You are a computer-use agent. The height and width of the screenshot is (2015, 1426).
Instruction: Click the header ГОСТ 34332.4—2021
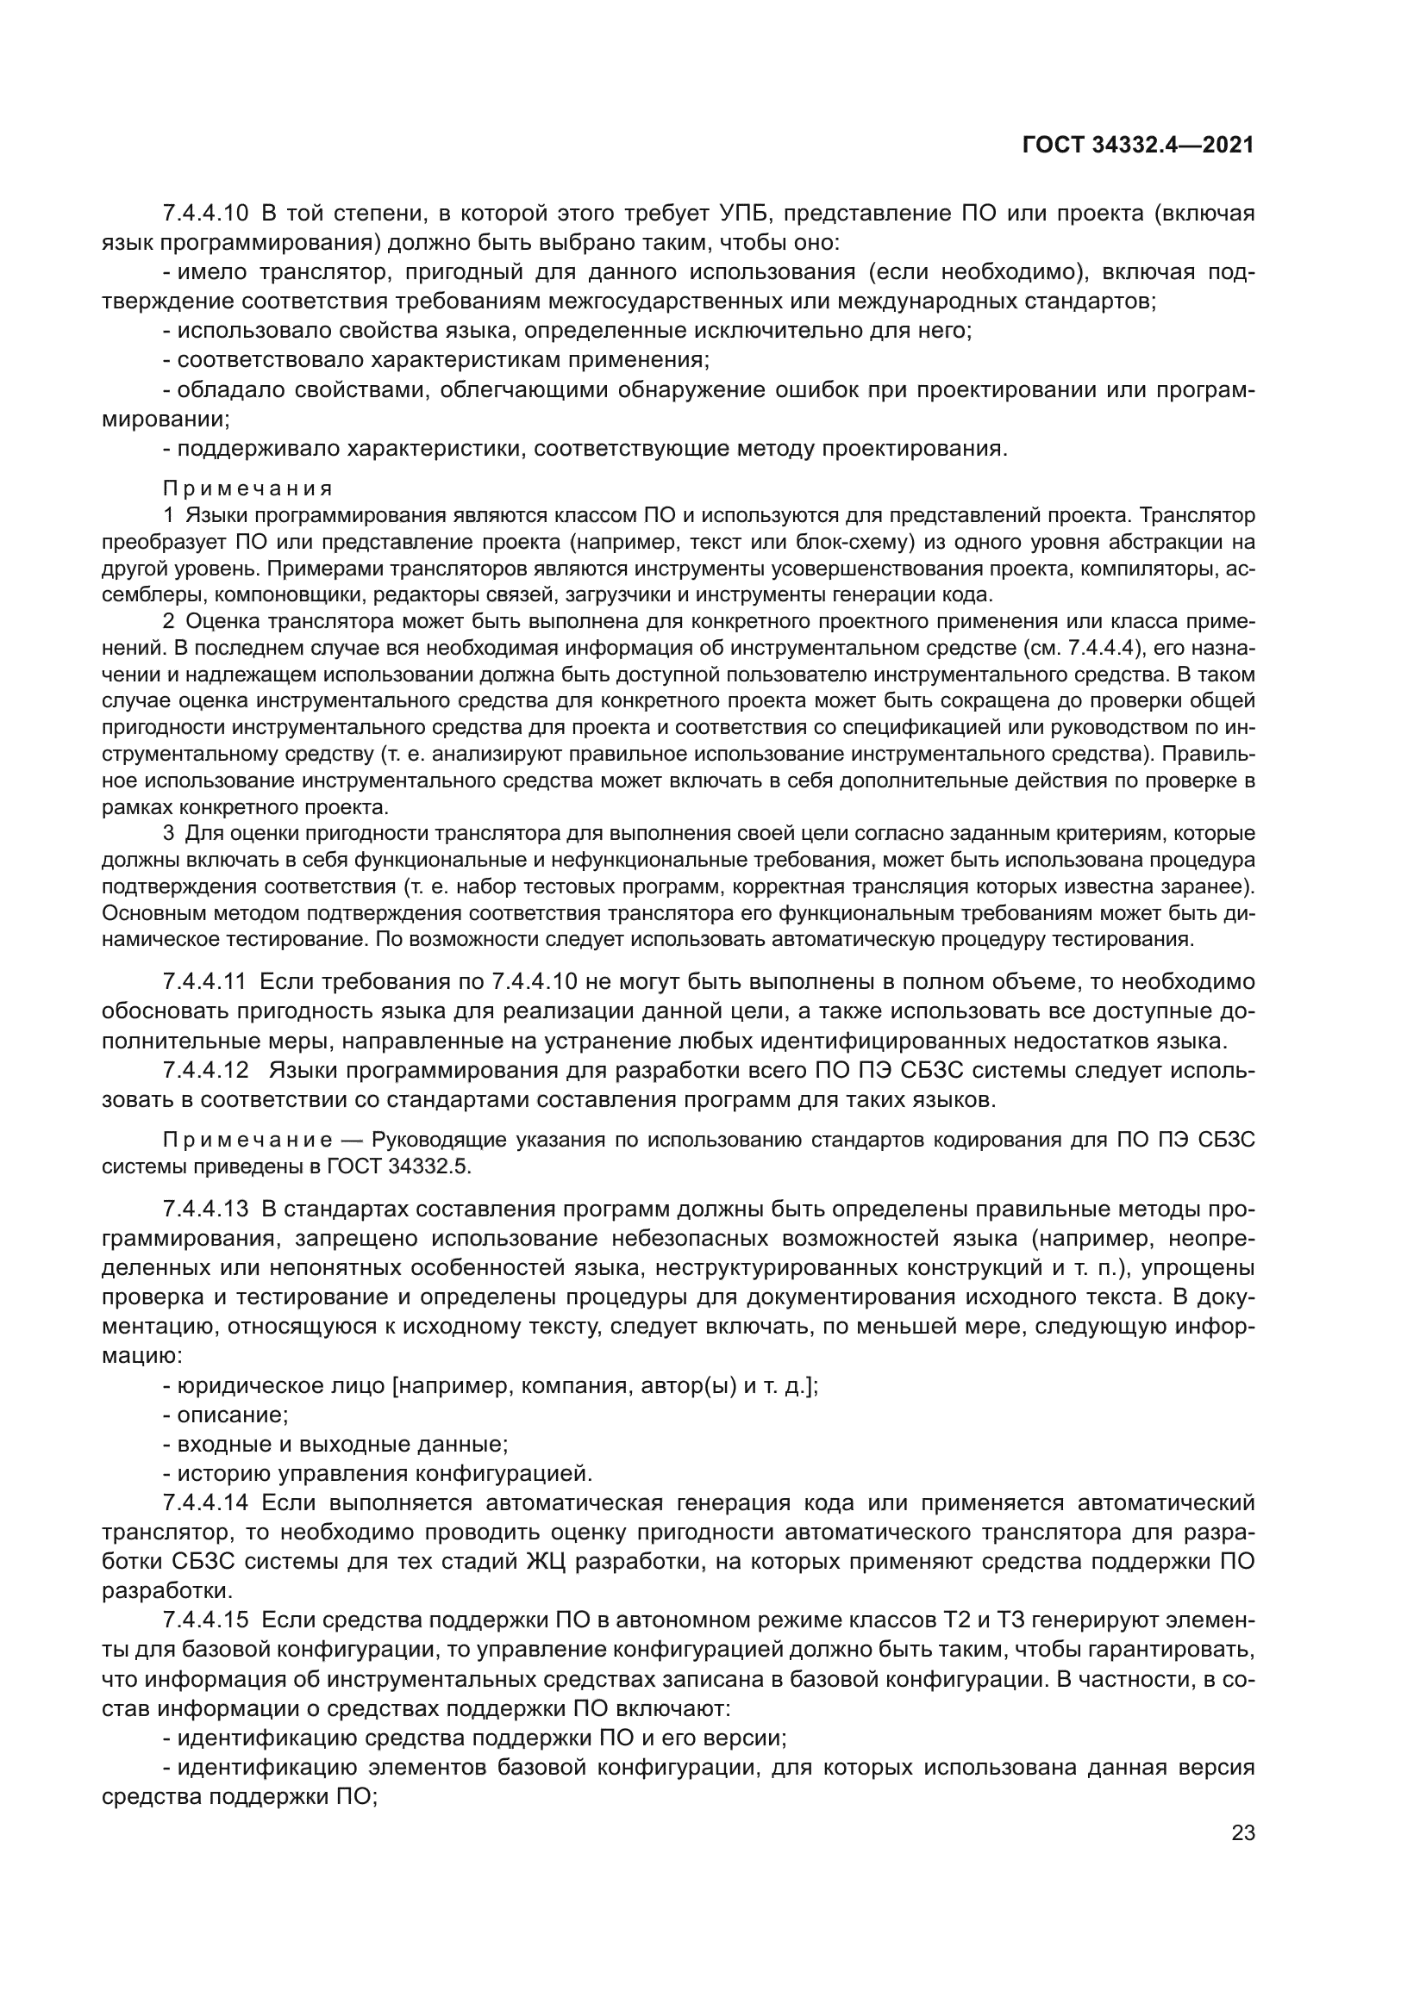click(1138, 146)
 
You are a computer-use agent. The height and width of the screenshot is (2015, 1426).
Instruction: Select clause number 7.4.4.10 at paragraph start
click(205, 214)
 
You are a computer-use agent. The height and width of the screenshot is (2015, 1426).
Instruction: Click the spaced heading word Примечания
click(247, 488)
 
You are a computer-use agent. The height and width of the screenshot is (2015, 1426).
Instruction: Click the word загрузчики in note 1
click(619, 594)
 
